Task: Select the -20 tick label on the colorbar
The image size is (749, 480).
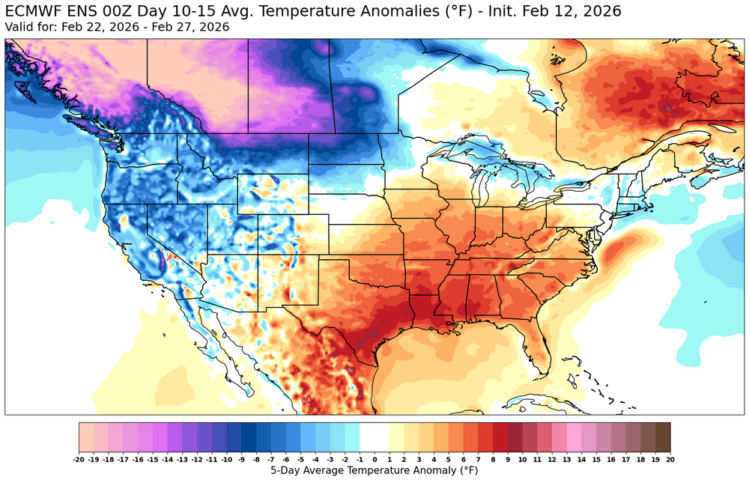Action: [79, 458]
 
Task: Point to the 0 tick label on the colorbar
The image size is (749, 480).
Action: [374, 458]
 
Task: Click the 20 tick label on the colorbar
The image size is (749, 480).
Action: [670, 458]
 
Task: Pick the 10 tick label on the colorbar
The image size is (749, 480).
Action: [523, 458]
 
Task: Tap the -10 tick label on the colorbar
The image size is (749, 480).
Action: [227, 458]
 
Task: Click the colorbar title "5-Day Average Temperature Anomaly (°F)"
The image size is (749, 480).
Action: [374, 470]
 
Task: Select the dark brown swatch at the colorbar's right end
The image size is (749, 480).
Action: [663, 437]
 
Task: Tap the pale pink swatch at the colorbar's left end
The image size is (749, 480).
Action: [86, 437]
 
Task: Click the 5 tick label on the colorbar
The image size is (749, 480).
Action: [449, 458]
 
